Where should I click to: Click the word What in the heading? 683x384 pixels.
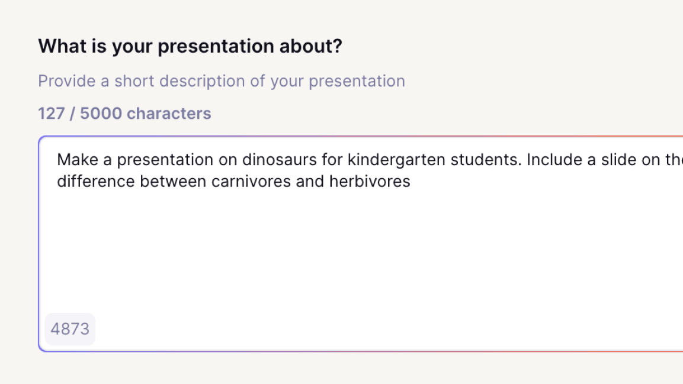click(62, 46)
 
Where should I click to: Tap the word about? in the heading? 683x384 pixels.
click(311, 46)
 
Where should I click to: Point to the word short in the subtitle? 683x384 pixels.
click(134, 81)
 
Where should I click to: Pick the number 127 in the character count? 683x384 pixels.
click(52, 114)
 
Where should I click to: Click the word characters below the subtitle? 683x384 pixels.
click(169, 114)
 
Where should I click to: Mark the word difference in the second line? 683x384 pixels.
click(96, 181)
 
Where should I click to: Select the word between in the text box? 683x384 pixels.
click(173, 181)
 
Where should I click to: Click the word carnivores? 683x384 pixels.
click(251, 181)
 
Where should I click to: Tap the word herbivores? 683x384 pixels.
click(370, 181)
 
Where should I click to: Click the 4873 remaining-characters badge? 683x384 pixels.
click(70, 329)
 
